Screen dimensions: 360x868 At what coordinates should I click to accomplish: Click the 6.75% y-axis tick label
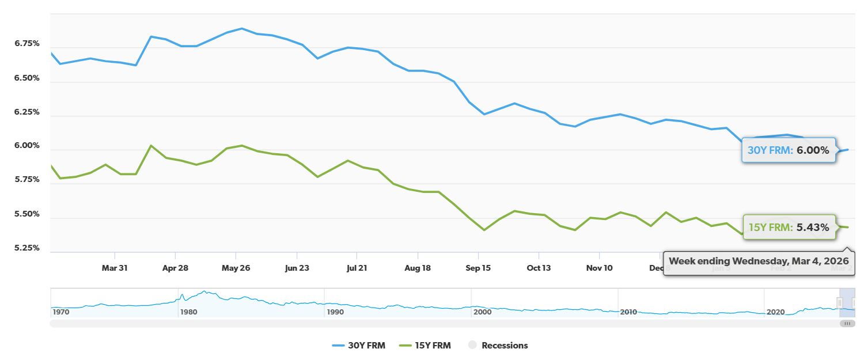point(27,44)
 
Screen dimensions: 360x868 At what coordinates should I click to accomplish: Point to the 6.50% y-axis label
point(27,78)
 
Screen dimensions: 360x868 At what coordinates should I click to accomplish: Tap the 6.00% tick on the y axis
point(27,146)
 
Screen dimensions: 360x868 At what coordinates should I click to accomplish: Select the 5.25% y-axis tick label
point(27,248)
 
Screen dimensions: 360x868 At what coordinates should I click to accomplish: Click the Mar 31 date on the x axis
point(115,268)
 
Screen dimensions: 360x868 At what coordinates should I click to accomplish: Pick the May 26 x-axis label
point(236,268)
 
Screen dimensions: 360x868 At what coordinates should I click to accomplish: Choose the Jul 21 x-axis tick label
point(357,268)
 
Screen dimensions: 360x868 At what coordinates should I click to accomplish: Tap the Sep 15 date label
point(478,268)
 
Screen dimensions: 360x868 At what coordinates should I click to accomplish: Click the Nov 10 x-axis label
point(599,268)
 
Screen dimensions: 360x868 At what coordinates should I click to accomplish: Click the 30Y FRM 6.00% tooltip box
point(788,150)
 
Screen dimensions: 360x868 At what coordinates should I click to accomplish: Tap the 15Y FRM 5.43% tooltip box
point(788,228)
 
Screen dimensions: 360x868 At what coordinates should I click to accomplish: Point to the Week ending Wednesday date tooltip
point(759,260)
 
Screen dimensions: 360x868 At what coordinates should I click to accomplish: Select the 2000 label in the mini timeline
point(482,312)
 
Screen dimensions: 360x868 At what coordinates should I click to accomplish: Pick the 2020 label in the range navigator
point(775,312)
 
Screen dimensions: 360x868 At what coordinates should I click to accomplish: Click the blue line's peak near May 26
point(241,28)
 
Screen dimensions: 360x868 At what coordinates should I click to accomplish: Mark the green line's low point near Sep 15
point(484,230)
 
